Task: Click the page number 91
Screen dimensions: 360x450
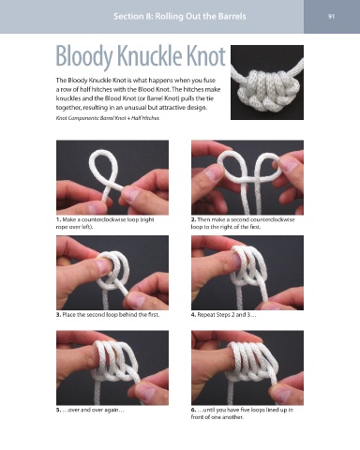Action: (332, 16)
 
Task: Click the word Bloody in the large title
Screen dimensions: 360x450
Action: (84, 56)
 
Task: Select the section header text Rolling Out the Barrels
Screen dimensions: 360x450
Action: (201, 16)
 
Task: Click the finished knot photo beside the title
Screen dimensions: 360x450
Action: (267, 82)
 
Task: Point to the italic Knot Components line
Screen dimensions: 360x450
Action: (108, 118)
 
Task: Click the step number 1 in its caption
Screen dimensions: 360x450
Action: (58, 219)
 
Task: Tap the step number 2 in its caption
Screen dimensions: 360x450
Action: (193, 219)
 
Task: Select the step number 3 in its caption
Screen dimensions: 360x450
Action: (58, 315)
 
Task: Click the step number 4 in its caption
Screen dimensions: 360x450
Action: (193, 315)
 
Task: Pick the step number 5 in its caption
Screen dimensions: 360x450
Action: (58, 410)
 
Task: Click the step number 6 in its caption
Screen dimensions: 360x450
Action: (193, 410)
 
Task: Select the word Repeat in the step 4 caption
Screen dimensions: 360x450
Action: (205, 315)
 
